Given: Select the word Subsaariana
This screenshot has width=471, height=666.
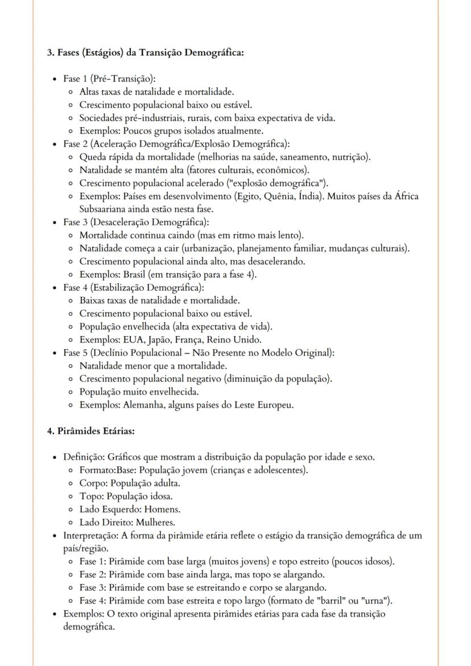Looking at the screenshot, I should pyautogui.click(x=101, y=209).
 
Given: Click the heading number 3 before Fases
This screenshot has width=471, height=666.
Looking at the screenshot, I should pyautogui.click(x=49, y=53).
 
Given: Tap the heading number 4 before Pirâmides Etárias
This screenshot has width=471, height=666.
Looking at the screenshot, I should pyautogui.click(x=49, y=431).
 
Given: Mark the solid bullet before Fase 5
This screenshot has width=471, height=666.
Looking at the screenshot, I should pyautogui.click(x=54, y=353).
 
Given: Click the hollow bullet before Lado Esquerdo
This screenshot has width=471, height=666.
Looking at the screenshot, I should pyautogui.click(x=69, y=510).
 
